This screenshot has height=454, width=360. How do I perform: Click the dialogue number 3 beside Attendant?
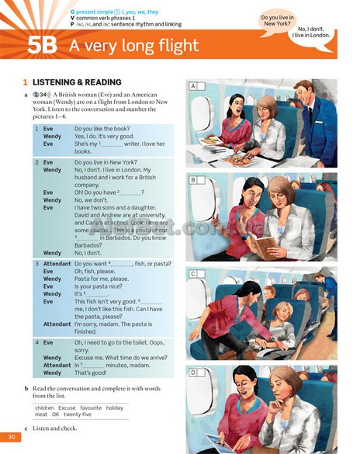36,264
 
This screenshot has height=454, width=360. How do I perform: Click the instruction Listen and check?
56,429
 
